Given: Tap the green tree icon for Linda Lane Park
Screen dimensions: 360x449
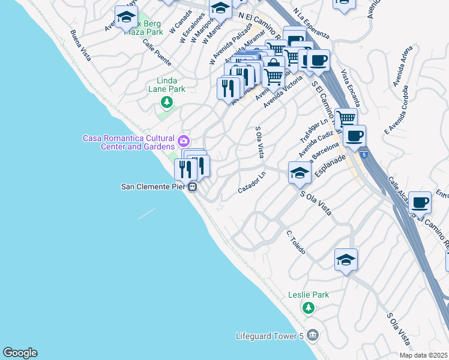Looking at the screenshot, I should (x=167, y=103).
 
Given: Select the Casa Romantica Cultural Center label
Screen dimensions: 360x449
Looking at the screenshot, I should (x=128, y=142).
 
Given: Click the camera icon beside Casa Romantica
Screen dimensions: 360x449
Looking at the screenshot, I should (x=183, y=142).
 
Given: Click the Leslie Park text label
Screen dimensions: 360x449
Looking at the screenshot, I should (x=309, y=295).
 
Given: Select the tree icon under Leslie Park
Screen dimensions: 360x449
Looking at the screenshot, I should (x=309, y=308).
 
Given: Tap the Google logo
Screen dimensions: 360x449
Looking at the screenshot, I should (x=20, y=353).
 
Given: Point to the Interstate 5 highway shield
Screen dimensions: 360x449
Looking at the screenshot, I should (x=364, y=155).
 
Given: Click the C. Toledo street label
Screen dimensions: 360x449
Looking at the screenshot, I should (x=296, y=242).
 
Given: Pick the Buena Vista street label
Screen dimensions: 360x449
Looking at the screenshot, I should (x=80, y=46).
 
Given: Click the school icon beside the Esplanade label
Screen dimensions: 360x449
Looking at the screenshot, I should (x=300, y=173).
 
